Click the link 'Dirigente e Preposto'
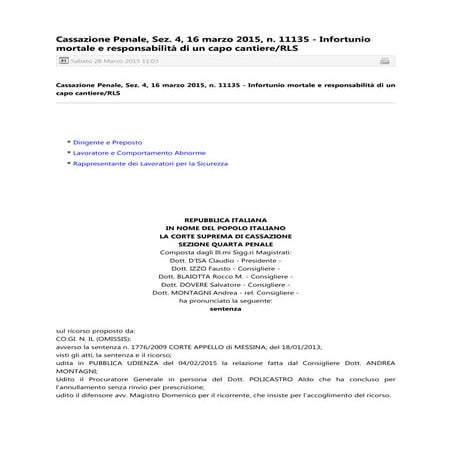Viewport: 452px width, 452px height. pos(105,144)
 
